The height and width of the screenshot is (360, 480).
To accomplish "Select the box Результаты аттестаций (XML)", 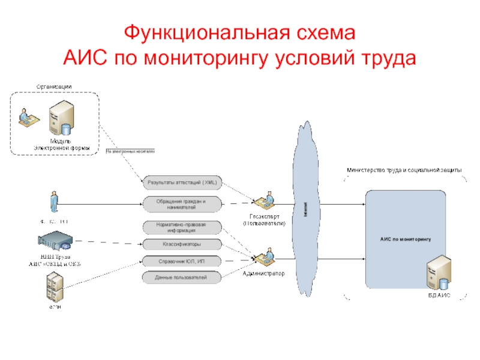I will click(x=182, y=182).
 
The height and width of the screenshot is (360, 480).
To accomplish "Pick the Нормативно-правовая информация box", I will click(x=182, y=227).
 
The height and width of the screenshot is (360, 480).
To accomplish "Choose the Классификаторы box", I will click(x=182, y=244).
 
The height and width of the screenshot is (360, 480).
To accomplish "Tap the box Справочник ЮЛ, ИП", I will click(x=182, y=261).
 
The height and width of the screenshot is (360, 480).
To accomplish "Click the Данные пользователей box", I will click(x=182, y=277).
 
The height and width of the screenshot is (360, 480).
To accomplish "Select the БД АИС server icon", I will click(x=439, y=274).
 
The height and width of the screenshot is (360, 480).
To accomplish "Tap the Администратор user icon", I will click(x=265, y=256).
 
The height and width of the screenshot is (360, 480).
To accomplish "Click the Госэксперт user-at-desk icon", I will click(x=265, y=201).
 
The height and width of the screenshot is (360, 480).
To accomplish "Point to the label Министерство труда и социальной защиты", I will click(x=404, y=170).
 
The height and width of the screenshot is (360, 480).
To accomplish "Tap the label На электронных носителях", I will click(x=130, y=152).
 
